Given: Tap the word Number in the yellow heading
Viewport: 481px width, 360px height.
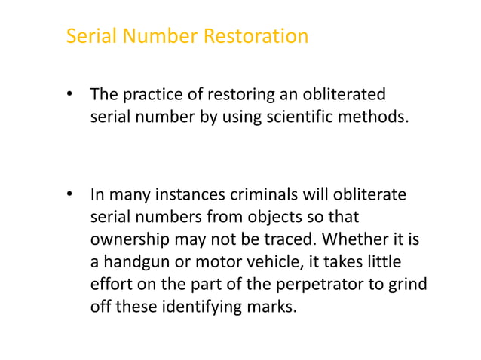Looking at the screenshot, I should tap(158, 36).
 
